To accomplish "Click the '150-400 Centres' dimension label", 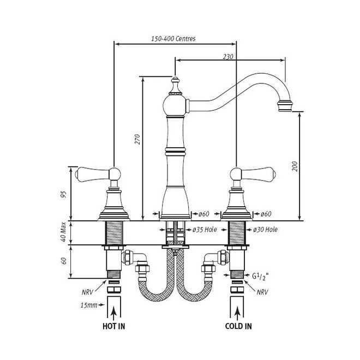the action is point(173,39).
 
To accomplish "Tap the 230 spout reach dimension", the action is point(228,57).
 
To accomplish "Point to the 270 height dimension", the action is point(137,139).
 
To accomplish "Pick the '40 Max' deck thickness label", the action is point(63,232).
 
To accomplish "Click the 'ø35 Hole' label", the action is point(205,229).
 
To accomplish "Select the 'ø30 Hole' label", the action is point(266,229).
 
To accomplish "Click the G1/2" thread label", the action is point(260,276).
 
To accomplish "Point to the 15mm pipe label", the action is point(89,305).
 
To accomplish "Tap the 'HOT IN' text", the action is point(114,326).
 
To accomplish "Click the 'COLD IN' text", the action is point(238,326).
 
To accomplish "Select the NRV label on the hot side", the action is point(87,292).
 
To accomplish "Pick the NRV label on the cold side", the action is point(262,292).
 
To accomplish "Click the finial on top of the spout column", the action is point(175,86).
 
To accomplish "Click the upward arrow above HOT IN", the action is point(113,314).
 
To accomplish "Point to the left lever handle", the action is point(98,175).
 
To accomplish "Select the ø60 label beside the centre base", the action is point(203,214).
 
